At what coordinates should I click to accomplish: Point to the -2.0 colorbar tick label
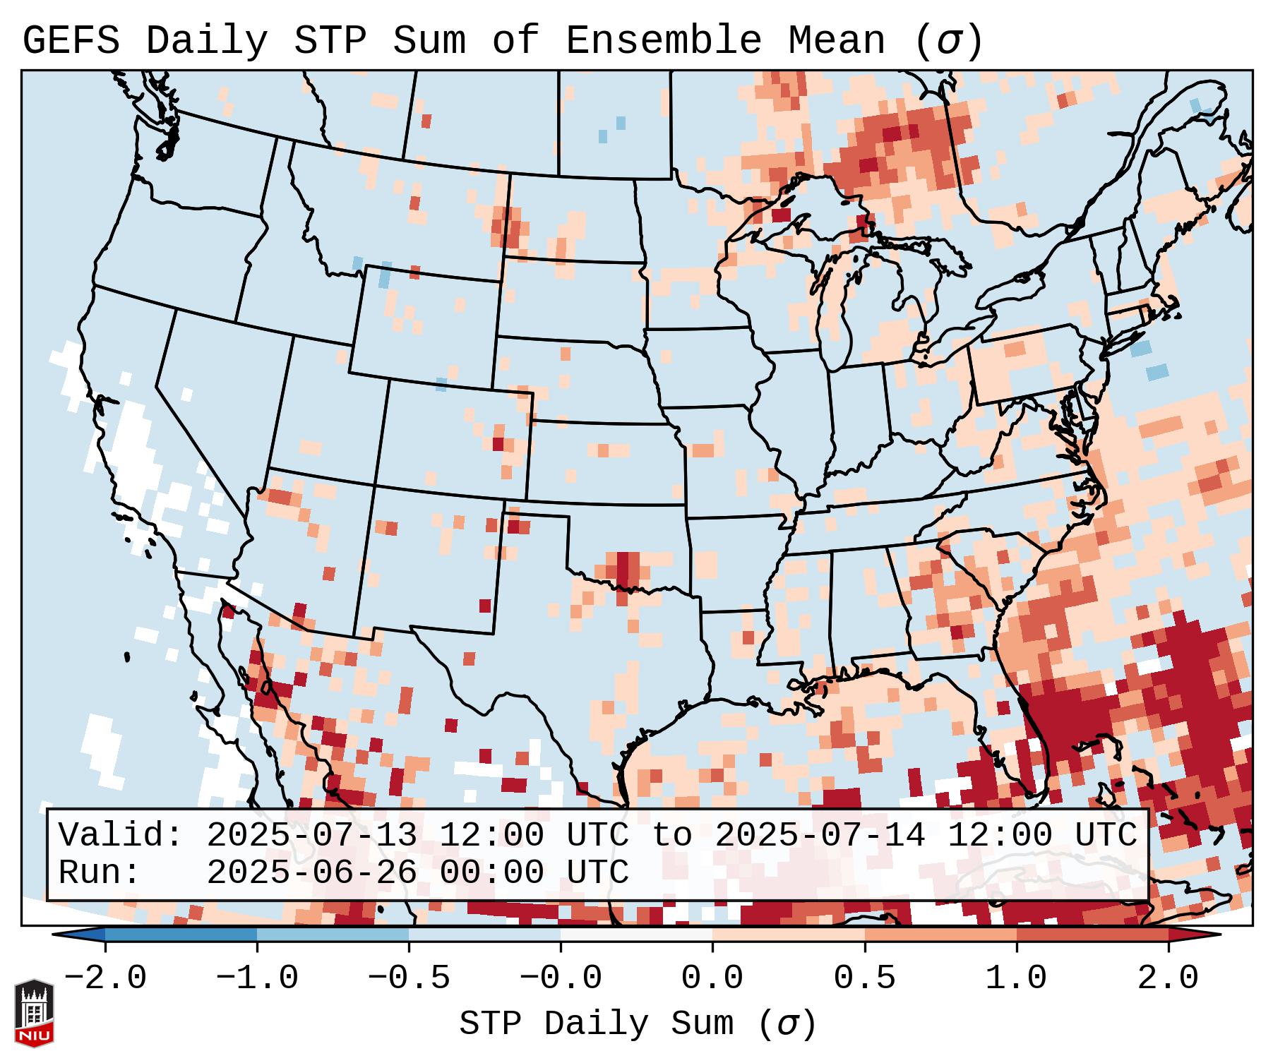click(x=105, y=978)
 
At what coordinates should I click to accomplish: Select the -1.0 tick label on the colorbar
click(x=257, y=978)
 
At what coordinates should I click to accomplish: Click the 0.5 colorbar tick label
click(x=864, y=978)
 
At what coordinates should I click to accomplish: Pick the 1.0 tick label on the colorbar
click(x=1016, y=978)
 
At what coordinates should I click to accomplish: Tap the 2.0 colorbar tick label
click(x=1168, y=978)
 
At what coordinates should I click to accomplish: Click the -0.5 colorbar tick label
click(x=409, y=978)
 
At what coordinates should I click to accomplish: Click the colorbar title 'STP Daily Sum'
click(x=597, y=1024)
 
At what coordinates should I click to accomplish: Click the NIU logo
click(x=34, y=1013)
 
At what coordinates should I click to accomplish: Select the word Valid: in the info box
click(x=121, y=836)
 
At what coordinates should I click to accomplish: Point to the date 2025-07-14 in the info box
click(x=820, y=836)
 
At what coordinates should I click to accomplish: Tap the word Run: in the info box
click(x=100, y=873)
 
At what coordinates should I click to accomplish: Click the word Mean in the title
click(x=837, y=41)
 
